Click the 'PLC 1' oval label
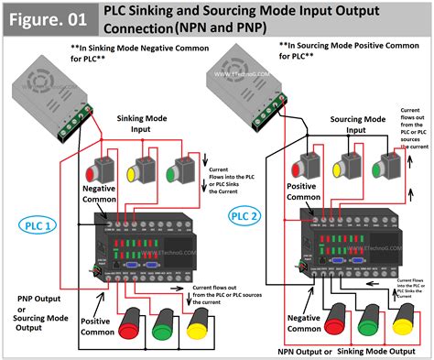[38, 224]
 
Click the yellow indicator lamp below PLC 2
[404, 321]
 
